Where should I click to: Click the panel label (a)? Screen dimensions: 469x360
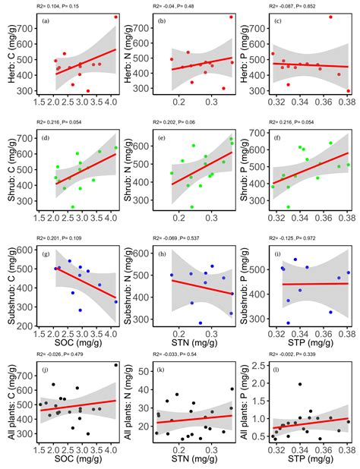(x=47, y=21)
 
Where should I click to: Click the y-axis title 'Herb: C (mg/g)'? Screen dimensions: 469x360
(x=8, y=55)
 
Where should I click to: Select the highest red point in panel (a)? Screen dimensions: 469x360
(x=115, y=17)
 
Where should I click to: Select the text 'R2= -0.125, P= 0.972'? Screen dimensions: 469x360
(x=298, y=239)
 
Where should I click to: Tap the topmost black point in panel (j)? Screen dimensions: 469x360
(x=115, y=365)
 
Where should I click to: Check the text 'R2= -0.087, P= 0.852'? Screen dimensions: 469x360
(x=298, y=6)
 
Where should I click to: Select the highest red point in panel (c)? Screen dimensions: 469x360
(x=330, y=17)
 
